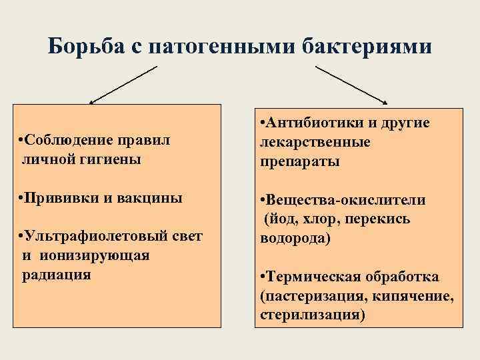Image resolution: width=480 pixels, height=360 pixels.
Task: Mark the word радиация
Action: [53, 274]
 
